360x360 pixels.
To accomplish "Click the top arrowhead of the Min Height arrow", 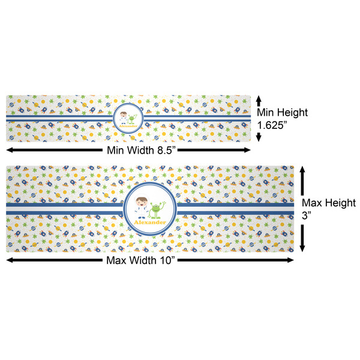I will (x=259, y=97).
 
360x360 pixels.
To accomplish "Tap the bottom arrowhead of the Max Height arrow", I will (x=303, y=247).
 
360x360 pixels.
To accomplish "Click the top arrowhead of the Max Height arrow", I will (x=303, y=170).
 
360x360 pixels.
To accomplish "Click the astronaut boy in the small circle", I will (x=124, y=118).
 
